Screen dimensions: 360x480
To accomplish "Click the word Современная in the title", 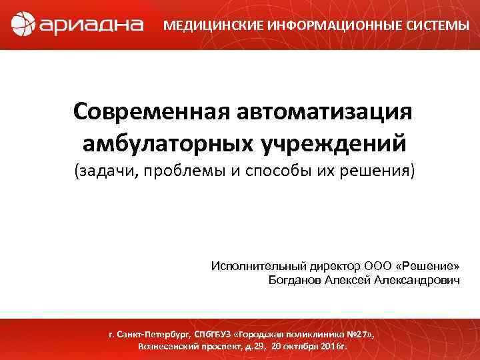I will pos(145,112).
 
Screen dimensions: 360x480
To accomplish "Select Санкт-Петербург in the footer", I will pos(156,333).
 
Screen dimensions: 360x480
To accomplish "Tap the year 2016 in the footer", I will pos(323,347).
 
